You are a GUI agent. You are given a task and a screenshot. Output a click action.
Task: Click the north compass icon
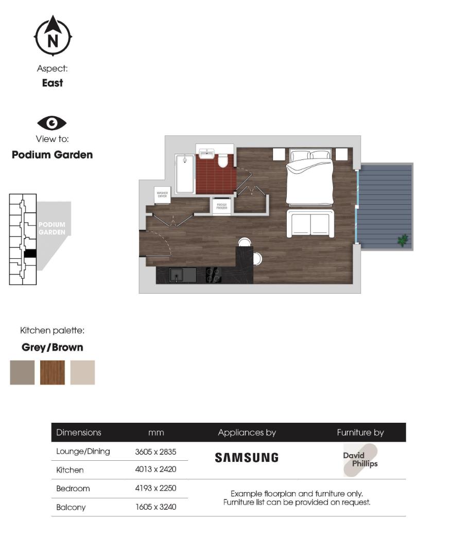click(53, 37)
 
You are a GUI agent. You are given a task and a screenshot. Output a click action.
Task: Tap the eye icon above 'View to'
click(52, 123)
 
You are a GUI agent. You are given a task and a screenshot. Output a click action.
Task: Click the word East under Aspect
click(53, 83)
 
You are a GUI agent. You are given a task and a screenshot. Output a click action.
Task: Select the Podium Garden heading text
click(53, 155)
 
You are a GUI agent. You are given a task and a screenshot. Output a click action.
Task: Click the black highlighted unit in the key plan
click(30, 253)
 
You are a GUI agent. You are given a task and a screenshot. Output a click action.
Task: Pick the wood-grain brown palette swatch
click(53, 372)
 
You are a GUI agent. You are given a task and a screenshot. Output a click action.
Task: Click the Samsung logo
click(246, 458)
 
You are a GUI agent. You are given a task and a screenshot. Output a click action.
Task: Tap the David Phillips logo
click(360, 460)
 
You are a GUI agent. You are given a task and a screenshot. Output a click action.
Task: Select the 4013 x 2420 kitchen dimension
click(155, 470)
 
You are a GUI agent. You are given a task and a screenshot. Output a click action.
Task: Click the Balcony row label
click(71, 507)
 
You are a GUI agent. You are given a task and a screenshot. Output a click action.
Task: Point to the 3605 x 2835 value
click(155, 452)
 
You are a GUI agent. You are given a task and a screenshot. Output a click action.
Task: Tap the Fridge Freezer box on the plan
click(222, 206)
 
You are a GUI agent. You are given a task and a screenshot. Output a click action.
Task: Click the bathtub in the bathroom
click(184, 175)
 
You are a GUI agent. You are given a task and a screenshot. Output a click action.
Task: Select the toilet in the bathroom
click(223, 161)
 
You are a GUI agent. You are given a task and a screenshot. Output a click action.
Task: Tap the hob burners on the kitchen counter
click(214, 275)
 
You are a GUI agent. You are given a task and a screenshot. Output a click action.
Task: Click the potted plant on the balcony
click(403, 240)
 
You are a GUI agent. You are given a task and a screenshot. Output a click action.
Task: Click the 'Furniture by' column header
click(360, 433)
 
